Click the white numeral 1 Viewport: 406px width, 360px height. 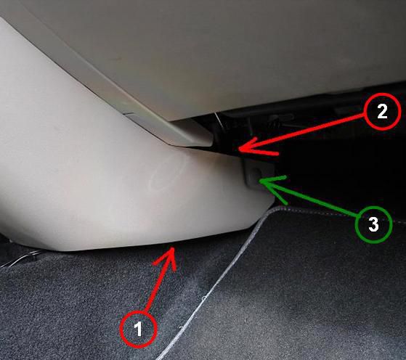139,329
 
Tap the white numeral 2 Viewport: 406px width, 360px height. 382,111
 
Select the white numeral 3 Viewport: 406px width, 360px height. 373,224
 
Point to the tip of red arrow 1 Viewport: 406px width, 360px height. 172,247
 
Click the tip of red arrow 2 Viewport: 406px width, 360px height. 239,149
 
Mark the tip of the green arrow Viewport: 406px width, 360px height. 260,181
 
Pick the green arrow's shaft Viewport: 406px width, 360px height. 308,198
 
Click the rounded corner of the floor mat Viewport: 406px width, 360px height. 272,209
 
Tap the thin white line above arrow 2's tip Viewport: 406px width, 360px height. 219,122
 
